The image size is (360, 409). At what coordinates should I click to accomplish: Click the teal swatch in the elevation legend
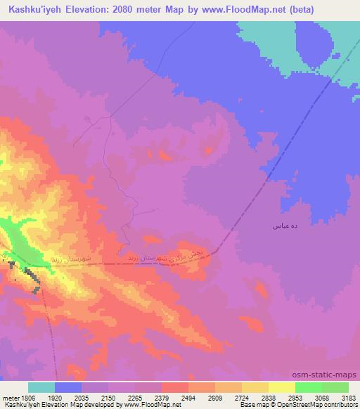41,387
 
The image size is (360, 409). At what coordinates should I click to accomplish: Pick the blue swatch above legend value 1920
68,387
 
